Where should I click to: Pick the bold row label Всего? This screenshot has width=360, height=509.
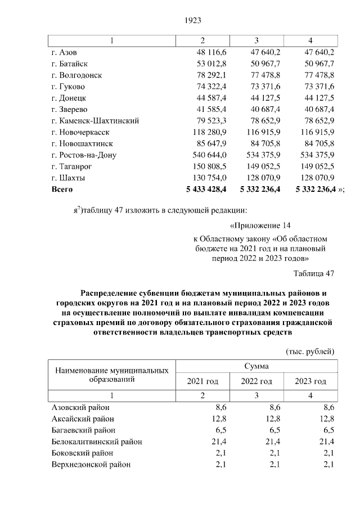point(62,190)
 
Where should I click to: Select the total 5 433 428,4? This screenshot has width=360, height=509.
point(204,190)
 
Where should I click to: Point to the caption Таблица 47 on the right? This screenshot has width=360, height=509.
point(314,273)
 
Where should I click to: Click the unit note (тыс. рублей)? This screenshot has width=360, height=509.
point(310,352)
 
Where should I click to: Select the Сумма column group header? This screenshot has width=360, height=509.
point(256,366)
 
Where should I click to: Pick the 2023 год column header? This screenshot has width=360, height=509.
point(310,381)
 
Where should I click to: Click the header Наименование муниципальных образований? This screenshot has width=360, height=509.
point(112,375)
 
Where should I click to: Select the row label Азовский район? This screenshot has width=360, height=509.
point(81,407)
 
